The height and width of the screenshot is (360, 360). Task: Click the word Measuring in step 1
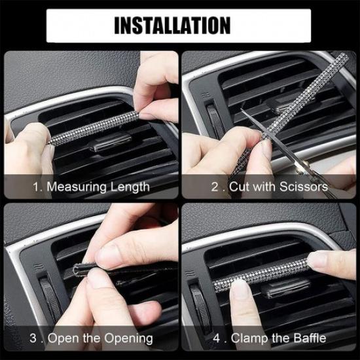[x=74, y=187]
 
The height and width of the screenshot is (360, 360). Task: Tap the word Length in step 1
[x=128, y=187]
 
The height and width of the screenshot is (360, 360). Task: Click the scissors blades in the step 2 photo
[x=252, y=122]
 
